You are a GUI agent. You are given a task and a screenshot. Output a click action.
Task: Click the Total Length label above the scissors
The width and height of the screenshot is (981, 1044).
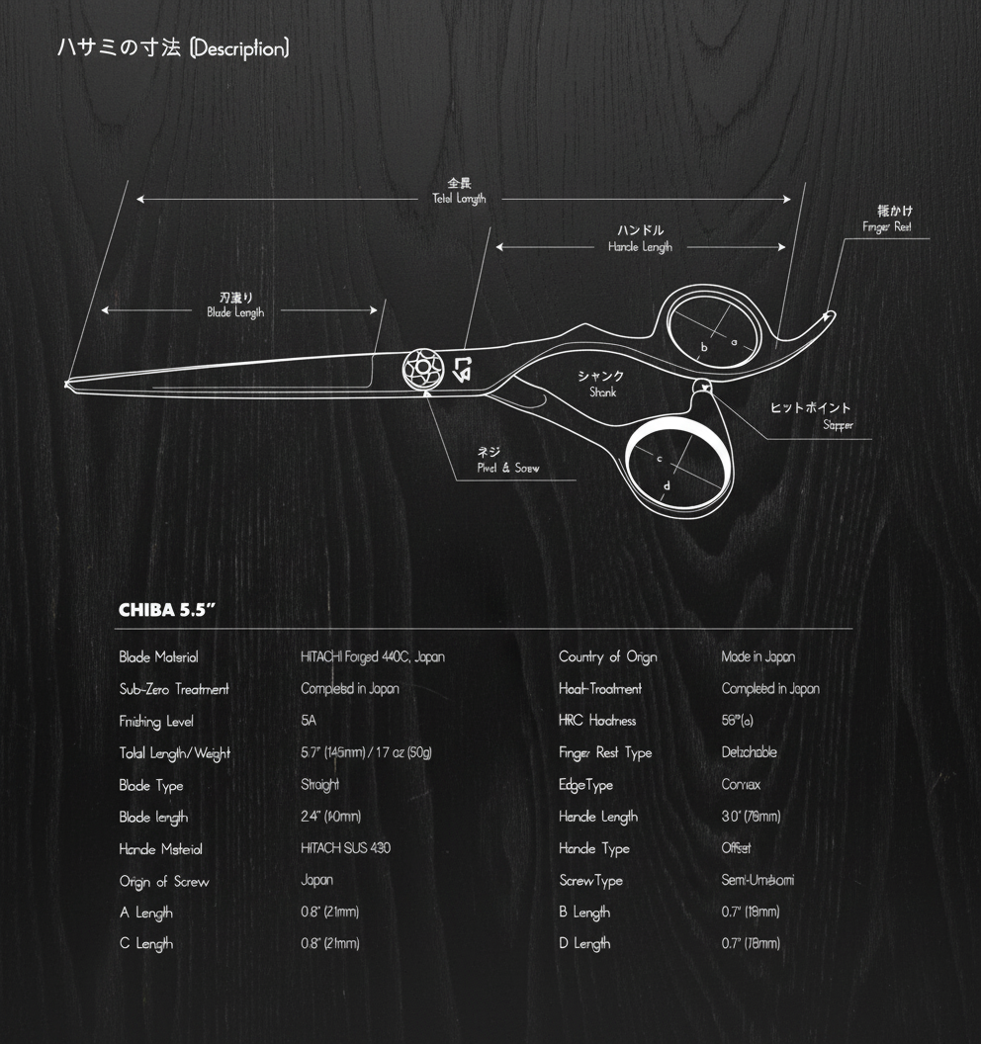(459, 192)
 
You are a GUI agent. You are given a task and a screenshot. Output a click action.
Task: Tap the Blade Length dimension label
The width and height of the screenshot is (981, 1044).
(235, 304)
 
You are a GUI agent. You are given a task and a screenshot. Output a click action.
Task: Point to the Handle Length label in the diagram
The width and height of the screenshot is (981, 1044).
(640, 239)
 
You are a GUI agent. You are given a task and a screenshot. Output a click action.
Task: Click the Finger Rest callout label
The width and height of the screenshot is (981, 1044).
(887, 218)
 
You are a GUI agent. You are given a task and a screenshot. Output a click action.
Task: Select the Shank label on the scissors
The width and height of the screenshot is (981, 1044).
(601, 384)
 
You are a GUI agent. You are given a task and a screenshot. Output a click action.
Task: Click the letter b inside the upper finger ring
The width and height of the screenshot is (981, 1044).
(704, 347)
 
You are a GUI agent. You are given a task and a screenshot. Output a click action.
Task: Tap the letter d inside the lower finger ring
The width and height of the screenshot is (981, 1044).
(667, 485)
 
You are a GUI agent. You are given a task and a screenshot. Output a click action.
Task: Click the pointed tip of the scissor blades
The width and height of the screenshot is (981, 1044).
(68, 384)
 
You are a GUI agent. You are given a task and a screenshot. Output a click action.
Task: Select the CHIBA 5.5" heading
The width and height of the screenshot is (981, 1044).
(167, 610)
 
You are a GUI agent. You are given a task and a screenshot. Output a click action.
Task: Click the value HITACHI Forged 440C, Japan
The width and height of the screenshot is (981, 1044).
(373, 657)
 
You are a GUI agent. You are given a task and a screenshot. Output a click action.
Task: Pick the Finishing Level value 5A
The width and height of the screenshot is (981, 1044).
(309, 722)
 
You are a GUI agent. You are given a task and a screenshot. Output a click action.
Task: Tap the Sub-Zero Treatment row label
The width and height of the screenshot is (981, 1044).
(174, 689)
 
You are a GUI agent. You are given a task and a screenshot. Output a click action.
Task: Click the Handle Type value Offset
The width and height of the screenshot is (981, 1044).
(736, 848)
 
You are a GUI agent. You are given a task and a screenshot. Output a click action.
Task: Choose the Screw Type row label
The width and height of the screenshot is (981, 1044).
(590, 881)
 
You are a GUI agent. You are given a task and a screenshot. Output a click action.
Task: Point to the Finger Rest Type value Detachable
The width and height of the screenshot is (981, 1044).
(749, 752)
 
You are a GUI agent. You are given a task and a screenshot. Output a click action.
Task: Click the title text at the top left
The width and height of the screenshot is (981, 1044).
(173, 48)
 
